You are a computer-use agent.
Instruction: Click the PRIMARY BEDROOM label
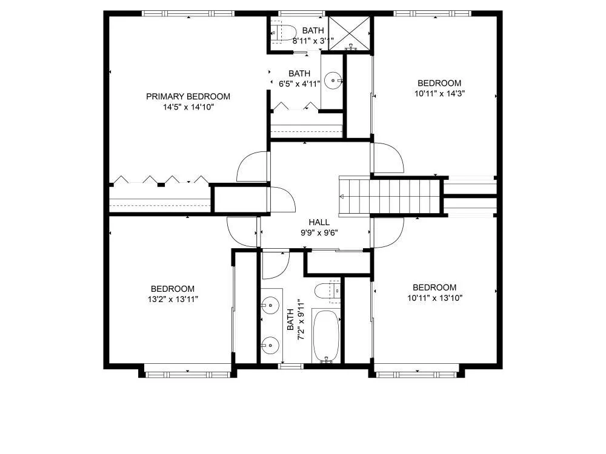[x=188, y=96]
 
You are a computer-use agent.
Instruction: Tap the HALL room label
[x=319, y=222]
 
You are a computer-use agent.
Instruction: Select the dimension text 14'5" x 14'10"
[x=188, y=107]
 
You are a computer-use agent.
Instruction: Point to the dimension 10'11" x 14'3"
[x=439, y=93]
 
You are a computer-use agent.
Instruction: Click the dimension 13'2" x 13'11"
[x=173, y=299]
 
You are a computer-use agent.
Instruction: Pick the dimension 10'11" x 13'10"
[x=435, y=298]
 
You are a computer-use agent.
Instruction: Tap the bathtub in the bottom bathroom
[x=326, y=336]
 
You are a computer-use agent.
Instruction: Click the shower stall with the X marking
[x=350, y=33]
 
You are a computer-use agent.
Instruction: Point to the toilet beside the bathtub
[x=327, y=291]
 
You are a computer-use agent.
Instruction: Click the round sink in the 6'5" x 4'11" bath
[x=333, y=81]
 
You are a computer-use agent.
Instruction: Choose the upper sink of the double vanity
[x=270, y=305]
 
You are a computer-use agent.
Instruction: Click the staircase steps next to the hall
[x=390, y=196]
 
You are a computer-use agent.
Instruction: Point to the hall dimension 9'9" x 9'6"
[x=319, y=233]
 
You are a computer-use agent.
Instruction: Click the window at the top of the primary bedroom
[x=188, y=13]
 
